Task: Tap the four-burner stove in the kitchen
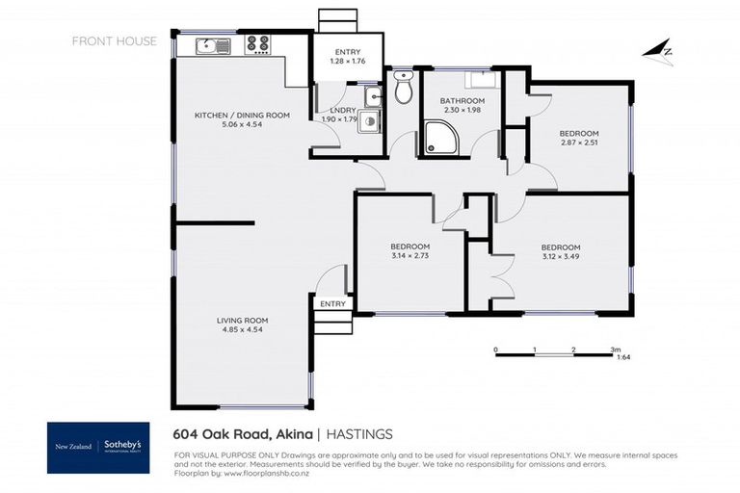point(257,43)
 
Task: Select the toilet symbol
point(403,90)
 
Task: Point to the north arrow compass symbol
point(659,53)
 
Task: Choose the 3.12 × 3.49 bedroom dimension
point(560,257)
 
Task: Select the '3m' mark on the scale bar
point(615,350)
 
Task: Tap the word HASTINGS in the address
point(358,433)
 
